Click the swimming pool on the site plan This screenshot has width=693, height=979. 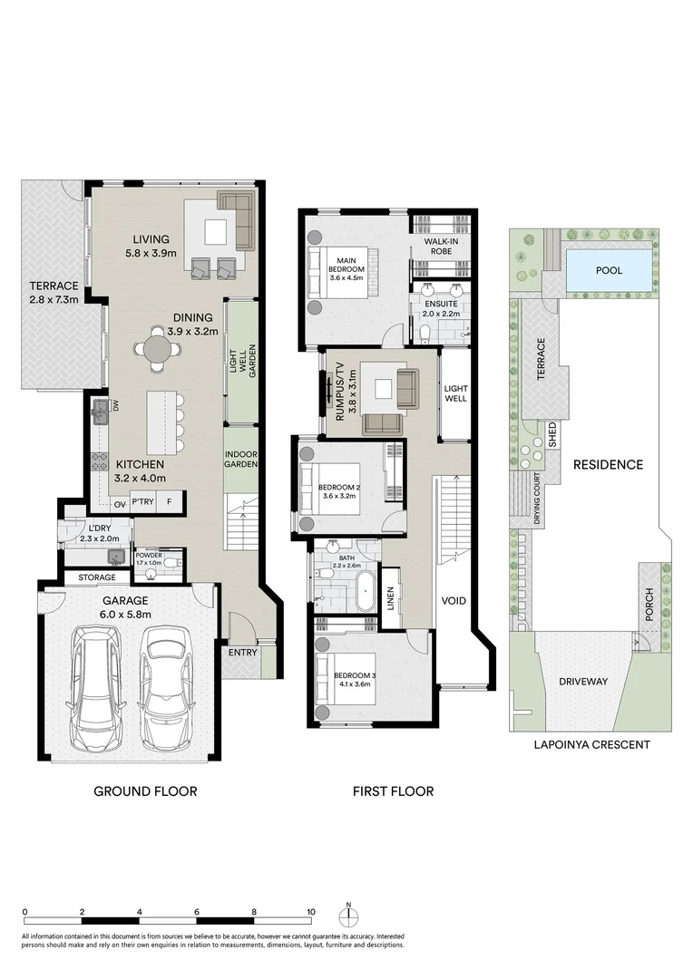(609, 269)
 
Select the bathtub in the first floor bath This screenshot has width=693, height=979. (365, 590)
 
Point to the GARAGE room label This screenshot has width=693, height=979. (125, 600)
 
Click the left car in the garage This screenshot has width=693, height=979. (99, 685)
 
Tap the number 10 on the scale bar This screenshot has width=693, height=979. (311, 912)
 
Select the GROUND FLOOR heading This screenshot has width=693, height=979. (145, 791)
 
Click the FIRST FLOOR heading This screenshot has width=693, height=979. (393, 791)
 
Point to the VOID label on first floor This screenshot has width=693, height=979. (454, 600)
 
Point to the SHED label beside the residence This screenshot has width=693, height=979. (550, 437)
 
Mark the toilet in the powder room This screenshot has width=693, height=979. (173, 563)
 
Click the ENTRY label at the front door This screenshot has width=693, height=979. (243, 652)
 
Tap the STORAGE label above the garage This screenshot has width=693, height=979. (96, 577)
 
